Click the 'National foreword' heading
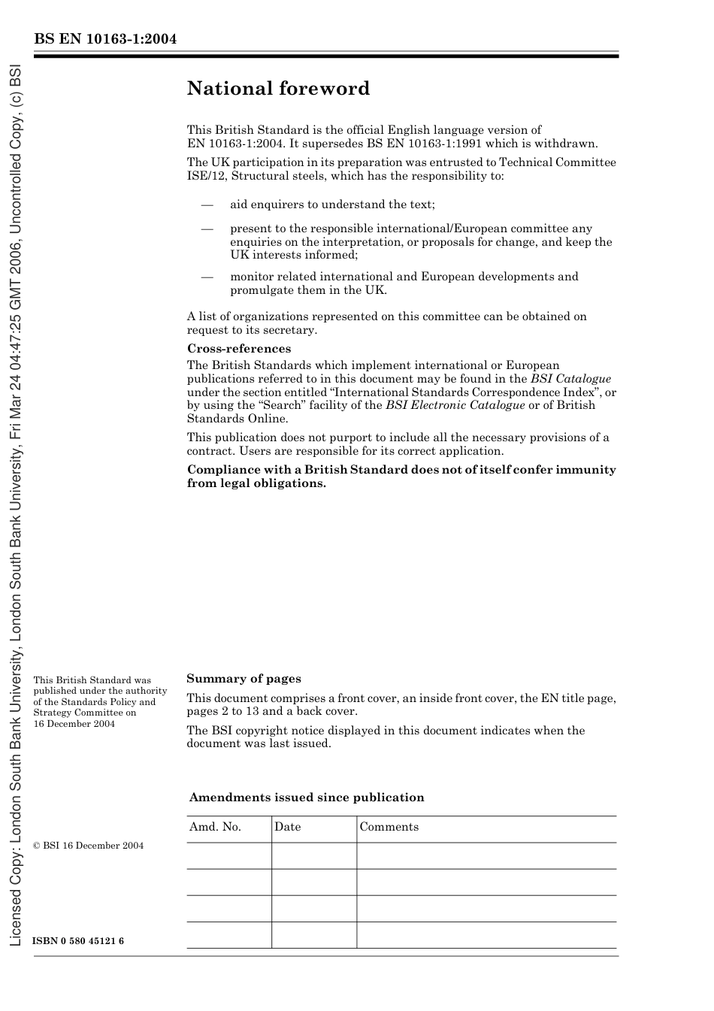tap(278, 89)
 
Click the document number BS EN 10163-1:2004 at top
tap(105, 39)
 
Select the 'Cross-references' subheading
tap(238, 349)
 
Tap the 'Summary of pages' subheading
tap(244, 679)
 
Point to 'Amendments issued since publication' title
tap(307, 798)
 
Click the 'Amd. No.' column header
tap(215, 827)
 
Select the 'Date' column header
tap(287, 827)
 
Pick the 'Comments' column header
tap(389, 827)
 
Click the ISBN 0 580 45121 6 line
tap(79, 942)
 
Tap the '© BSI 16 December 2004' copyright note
tap(88, 846)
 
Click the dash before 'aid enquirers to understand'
tap(207, 204)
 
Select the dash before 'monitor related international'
tap(207, 277)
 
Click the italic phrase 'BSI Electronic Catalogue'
tap(455, 405)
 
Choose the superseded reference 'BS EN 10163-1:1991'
tap(425, 144)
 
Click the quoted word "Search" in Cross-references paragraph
tap(280, 405)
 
